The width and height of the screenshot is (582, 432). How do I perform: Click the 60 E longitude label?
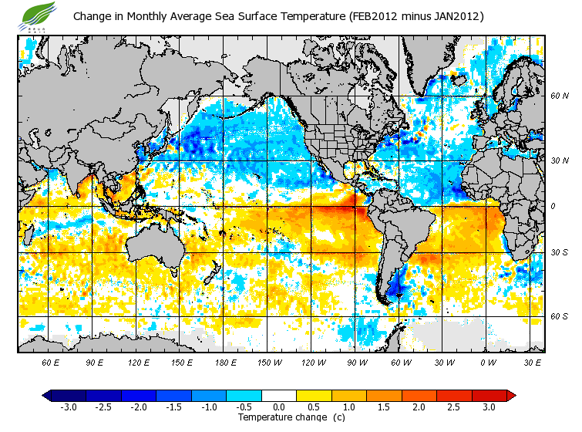[x=51, y=362]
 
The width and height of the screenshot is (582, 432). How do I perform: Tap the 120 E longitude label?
[x=139, y=362]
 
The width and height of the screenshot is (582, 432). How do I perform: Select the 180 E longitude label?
[x=227, y=362]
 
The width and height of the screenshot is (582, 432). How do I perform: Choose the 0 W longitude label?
[x=488, y=362]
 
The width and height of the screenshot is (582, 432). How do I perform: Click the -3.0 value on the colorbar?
[x=68, y=407]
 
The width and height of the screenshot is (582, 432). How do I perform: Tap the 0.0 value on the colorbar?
[x=279, y=407]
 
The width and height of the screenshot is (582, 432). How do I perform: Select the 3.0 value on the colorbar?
[x=489, y=407]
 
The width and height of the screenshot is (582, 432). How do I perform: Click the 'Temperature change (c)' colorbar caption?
[x=280, y=417]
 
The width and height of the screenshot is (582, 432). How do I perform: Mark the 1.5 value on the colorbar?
[x=384, y=407]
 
